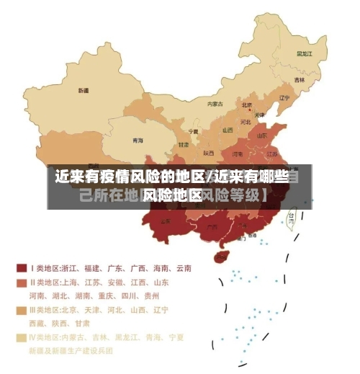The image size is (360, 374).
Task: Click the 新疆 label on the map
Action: [x=84, y=91]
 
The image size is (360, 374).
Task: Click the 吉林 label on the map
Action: [x=299, y=79]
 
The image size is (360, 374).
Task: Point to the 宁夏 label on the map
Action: [x=192, y=132]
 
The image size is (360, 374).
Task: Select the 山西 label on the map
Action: [x=228, y=130]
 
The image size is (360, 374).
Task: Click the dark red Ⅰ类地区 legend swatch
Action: [x=22, y=267]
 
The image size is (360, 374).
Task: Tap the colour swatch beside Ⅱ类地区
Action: [x=22, y=283]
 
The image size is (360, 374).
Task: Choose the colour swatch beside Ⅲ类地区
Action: [x=22, y=311]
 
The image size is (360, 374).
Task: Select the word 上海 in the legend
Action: [x=71, y=283]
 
